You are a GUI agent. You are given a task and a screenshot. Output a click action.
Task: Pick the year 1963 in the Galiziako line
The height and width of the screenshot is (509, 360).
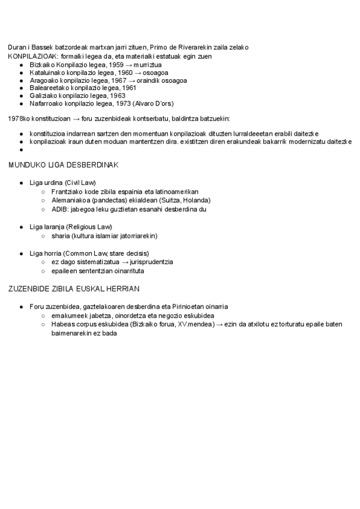click(118, 95)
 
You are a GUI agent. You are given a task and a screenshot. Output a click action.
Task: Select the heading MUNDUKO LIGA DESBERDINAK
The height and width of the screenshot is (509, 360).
click(64, 164)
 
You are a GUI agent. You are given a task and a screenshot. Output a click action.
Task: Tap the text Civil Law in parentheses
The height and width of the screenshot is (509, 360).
click(81, 182)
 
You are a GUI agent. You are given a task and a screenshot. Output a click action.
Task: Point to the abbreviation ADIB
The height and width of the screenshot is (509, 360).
click(59, 209)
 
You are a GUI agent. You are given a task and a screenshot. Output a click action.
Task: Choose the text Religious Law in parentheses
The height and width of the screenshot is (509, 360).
click(89, 227)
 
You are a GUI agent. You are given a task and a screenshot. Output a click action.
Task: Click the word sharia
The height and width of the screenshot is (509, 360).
click(61, 236)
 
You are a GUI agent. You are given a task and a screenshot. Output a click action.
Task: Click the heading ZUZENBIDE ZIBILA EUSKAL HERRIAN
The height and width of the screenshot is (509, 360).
click(70, 289)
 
